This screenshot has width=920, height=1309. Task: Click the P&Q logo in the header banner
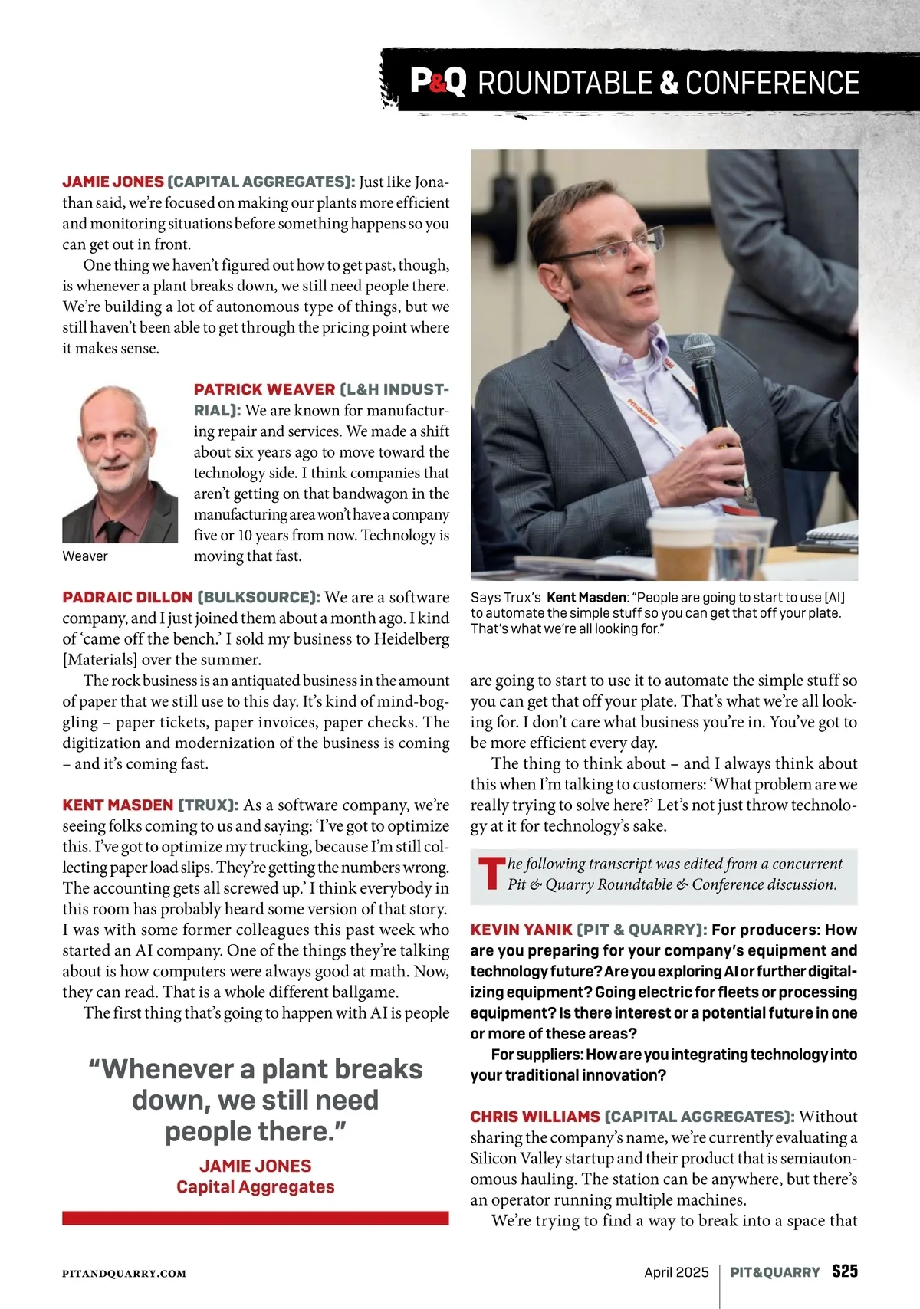tap(438, 81)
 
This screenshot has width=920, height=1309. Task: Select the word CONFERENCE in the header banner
tap(772, 83)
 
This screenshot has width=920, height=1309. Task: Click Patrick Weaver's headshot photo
tap(120, 464)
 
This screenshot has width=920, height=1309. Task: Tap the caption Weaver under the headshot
tap(85, 556)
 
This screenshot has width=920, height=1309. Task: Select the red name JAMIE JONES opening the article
tap(113, 182)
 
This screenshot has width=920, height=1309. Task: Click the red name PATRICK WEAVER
tap(264, 389)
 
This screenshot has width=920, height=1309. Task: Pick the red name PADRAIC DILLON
tap(127, 597)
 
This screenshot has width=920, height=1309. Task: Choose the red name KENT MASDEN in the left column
tap(117, 805)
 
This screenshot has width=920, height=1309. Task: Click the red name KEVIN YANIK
tap(521, 930)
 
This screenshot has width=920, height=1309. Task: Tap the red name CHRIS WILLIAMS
tap(535, 1117)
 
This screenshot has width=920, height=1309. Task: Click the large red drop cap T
tap(491, 874)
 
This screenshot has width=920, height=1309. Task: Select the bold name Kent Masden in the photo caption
tap(586, 597)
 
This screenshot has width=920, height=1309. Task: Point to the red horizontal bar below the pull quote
tap(255, 1218)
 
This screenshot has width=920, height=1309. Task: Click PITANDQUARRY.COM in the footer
tap(124, 1273)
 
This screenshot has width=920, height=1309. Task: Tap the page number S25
tap(845, 1271)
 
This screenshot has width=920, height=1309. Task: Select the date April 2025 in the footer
tap(676, 1272)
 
